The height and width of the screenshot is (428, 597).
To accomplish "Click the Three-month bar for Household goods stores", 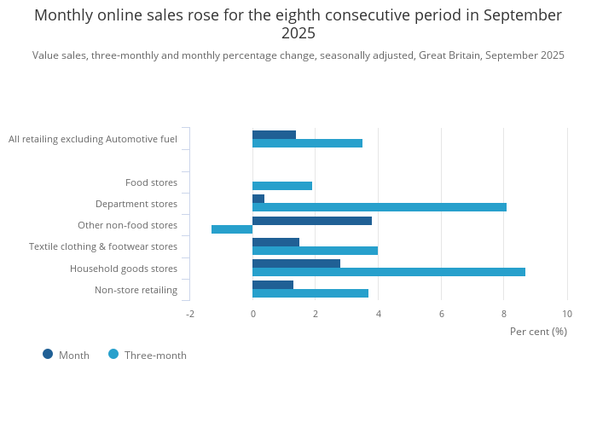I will pos(389,272).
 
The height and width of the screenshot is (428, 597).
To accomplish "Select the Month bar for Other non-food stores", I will pos(312,221).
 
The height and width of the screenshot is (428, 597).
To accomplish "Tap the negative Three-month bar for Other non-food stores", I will pos(232,229).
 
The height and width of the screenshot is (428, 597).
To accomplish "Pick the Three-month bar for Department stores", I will pos(380,207).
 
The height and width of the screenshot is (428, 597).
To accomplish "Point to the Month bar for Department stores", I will pos(258,199).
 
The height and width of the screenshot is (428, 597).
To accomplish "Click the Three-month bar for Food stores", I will pos(282,186).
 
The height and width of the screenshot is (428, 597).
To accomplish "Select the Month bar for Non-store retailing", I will pos(273,285).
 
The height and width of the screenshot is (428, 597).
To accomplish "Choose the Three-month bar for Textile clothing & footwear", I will pos(315,251).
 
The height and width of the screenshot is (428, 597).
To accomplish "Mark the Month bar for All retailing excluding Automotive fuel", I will pos(274,135).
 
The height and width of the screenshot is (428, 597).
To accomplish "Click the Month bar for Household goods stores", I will pos(296,263).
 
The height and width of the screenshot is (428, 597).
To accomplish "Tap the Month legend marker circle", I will pos(48,355).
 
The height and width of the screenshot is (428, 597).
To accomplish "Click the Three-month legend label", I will pos(155,356).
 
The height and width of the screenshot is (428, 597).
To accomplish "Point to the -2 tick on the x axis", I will pos(190,314).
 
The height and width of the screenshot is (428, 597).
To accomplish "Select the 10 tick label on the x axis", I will pos(567,314).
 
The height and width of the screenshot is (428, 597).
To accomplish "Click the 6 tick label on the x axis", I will pos(442,314).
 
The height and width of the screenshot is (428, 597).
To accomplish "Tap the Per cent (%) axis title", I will pos(538,332).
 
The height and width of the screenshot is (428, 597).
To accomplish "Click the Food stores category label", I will pos(151,182).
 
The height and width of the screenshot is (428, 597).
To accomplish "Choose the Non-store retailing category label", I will pos(136,290).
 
